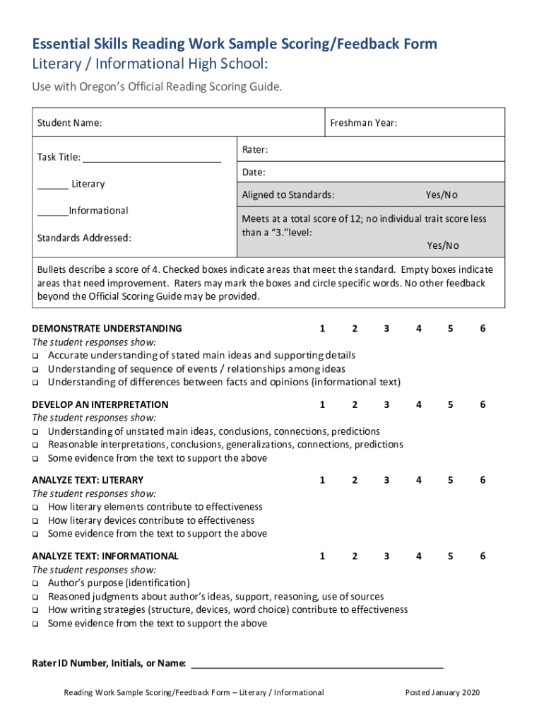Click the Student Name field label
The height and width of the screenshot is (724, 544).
point(69,123)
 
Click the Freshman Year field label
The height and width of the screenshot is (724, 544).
point(363,123)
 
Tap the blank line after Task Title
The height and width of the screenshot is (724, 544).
point(152,158)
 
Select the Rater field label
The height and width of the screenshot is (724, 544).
point(254,150)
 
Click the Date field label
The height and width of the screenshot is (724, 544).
point(254,173)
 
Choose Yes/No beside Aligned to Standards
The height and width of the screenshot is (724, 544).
point(441,194)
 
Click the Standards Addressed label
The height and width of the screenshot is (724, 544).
point(83,238)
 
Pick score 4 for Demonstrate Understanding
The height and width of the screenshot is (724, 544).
point(419,328)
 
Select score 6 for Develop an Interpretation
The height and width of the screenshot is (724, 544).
point(483,404)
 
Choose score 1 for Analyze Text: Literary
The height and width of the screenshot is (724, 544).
point(322,480)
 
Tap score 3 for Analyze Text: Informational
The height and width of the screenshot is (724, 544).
point(386,556)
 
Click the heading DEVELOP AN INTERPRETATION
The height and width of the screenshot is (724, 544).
point(100,404)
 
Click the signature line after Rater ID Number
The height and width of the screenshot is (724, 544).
point(317,664)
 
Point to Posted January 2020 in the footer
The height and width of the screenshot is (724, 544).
point(442,692)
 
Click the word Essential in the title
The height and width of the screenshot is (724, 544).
point(66,45)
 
